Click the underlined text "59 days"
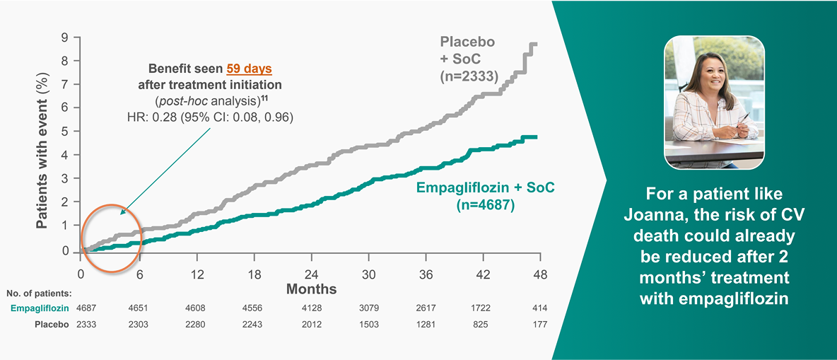click(x=249, y=69)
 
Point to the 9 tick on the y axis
click(x=65, y=37)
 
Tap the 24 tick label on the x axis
click(x=311, y=274)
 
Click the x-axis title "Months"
click(x=311, y=289)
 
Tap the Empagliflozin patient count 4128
click(x=311, y=308)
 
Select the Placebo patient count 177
click(x=539, y=325)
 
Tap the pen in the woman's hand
click(x=742, y=129)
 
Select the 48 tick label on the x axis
click(x=540, y=274)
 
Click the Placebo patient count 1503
click(x=368, y=325)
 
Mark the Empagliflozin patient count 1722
click(x=483, y=308)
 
